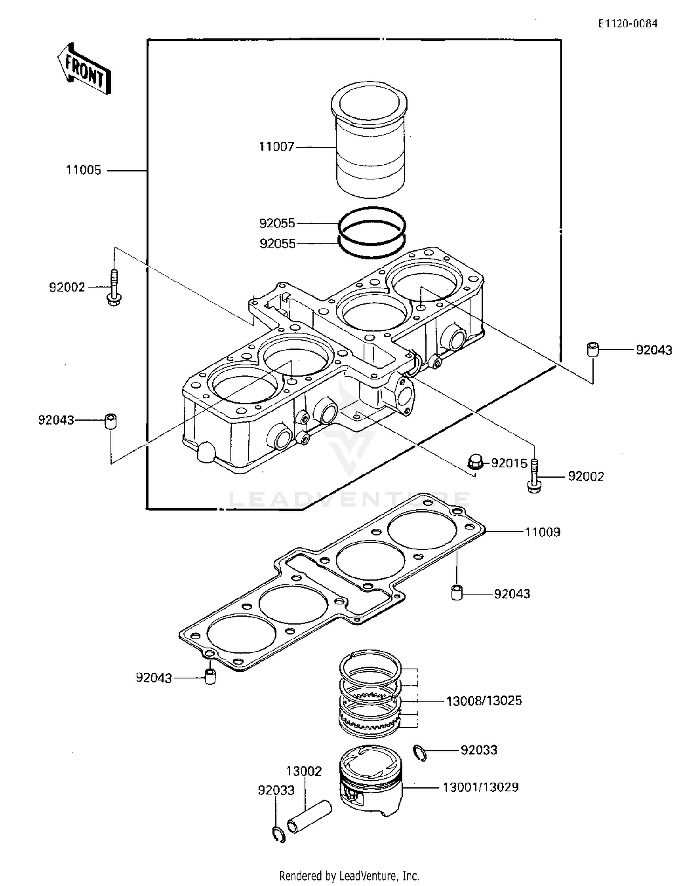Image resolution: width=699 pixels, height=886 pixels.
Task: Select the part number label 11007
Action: click(x=276, y=147)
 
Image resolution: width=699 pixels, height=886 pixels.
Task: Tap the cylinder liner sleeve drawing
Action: click(x=370, y=140)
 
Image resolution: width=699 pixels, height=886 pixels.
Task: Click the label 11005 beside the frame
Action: click(x=83, y=170)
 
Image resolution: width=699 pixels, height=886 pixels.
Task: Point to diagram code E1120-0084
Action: click(x=628, y=24)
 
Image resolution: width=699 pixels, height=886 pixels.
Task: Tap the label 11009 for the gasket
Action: click(x=542, y=532)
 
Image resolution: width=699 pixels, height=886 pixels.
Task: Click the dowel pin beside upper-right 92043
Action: click(x=592, y=349)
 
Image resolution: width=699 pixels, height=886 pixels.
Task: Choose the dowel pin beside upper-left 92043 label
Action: click(x=110, y=421)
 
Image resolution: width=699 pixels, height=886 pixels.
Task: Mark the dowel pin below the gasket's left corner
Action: click(x=211, y=676)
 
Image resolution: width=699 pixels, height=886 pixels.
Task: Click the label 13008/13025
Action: click(x=484, y=701)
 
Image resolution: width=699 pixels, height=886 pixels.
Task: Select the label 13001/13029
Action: click(x=480, y=787)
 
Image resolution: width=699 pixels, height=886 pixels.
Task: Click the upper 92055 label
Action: click(x=277, y=223)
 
